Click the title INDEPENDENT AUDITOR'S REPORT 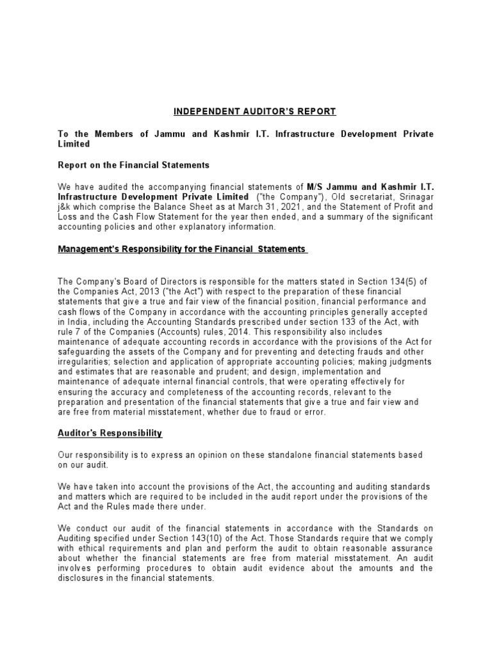pos(254,111)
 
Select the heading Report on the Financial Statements pos(133,165)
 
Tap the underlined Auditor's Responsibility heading pos(110,433)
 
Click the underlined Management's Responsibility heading pos(183,249)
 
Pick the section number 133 pos(369,322)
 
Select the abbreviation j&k pos(66,207)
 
